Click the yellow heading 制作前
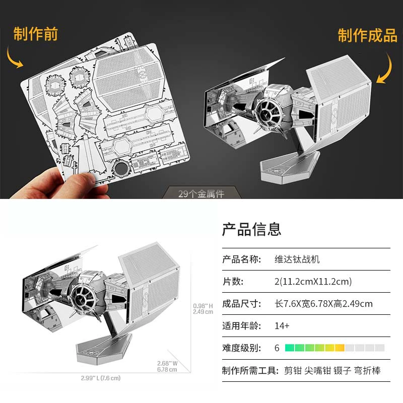tap(35, 34)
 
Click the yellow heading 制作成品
tap(368, 35)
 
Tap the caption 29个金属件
tap(201, 193)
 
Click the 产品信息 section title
tap(251, 229)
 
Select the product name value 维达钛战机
tap(297, 259)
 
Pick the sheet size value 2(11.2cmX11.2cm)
tap(313, 282)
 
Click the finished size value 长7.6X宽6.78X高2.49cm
tap(323, 304)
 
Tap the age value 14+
tap(282, 326)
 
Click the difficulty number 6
tap(277, 348)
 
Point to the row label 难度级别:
tap(242, 348)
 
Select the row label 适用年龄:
tap(242, 326)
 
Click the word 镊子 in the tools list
tap(343, 371)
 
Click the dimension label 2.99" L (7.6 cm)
tap(100, 378)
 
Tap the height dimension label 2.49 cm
tap(203, 312)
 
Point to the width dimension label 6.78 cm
tap(167, 370)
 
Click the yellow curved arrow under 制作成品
tap(387, 70)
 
